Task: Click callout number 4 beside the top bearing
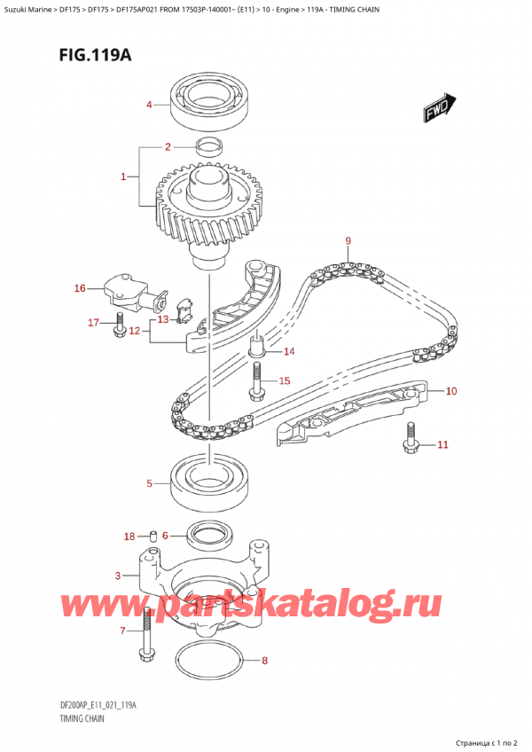click(150, 106)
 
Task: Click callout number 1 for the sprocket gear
click(124, 177)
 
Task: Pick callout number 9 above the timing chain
click(348, 240)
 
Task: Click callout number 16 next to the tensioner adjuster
click(81, 288)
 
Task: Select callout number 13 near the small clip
click(162, 319)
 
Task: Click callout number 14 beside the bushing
click(288, 352)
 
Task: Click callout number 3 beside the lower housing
click(118, 576)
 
